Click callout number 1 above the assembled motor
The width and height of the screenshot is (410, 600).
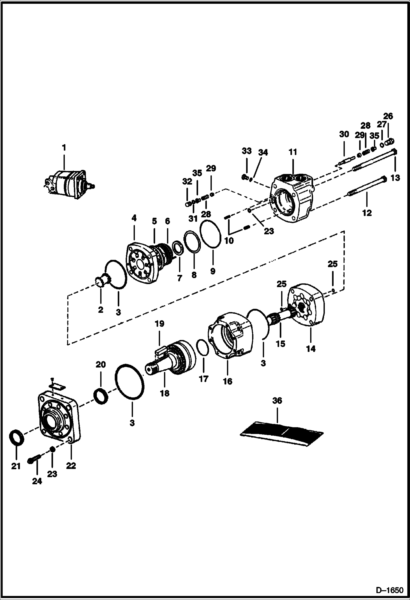(64, 148)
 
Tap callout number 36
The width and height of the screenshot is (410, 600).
(277, 401)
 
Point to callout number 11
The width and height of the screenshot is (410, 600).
(293, 152)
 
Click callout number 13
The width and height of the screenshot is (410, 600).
(395, 178)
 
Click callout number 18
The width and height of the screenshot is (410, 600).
(165, 393)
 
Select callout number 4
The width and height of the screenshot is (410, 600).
(134, 218)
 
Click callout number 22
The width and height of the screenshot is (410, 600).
(71, 465)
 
